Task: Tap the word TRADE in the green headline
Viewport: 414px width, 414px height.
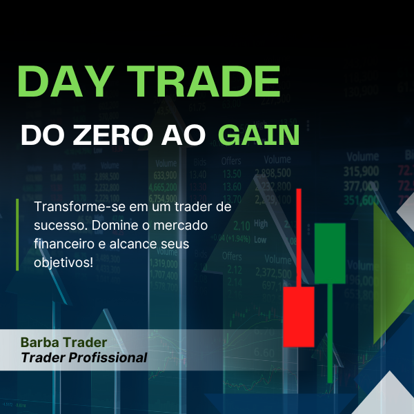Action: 206,81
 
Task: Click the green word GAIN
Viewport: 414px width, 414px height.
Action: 259,135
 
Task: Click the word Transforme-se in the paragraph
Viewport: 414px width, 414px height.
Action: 72,207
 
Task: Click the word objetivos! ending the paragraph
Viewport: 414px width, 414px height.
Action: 63,263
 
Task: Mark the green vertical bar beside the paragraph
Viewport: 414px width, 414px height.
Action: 18,235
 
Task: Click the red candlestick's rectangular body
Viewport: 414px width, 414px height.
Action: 298,316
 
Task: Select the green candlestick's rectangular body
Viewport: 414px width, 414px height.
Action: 329,253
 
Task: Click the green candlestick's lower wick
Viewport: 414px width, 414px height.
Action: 330,328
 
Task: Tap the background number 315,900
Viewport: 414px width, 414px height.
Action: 361,171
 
